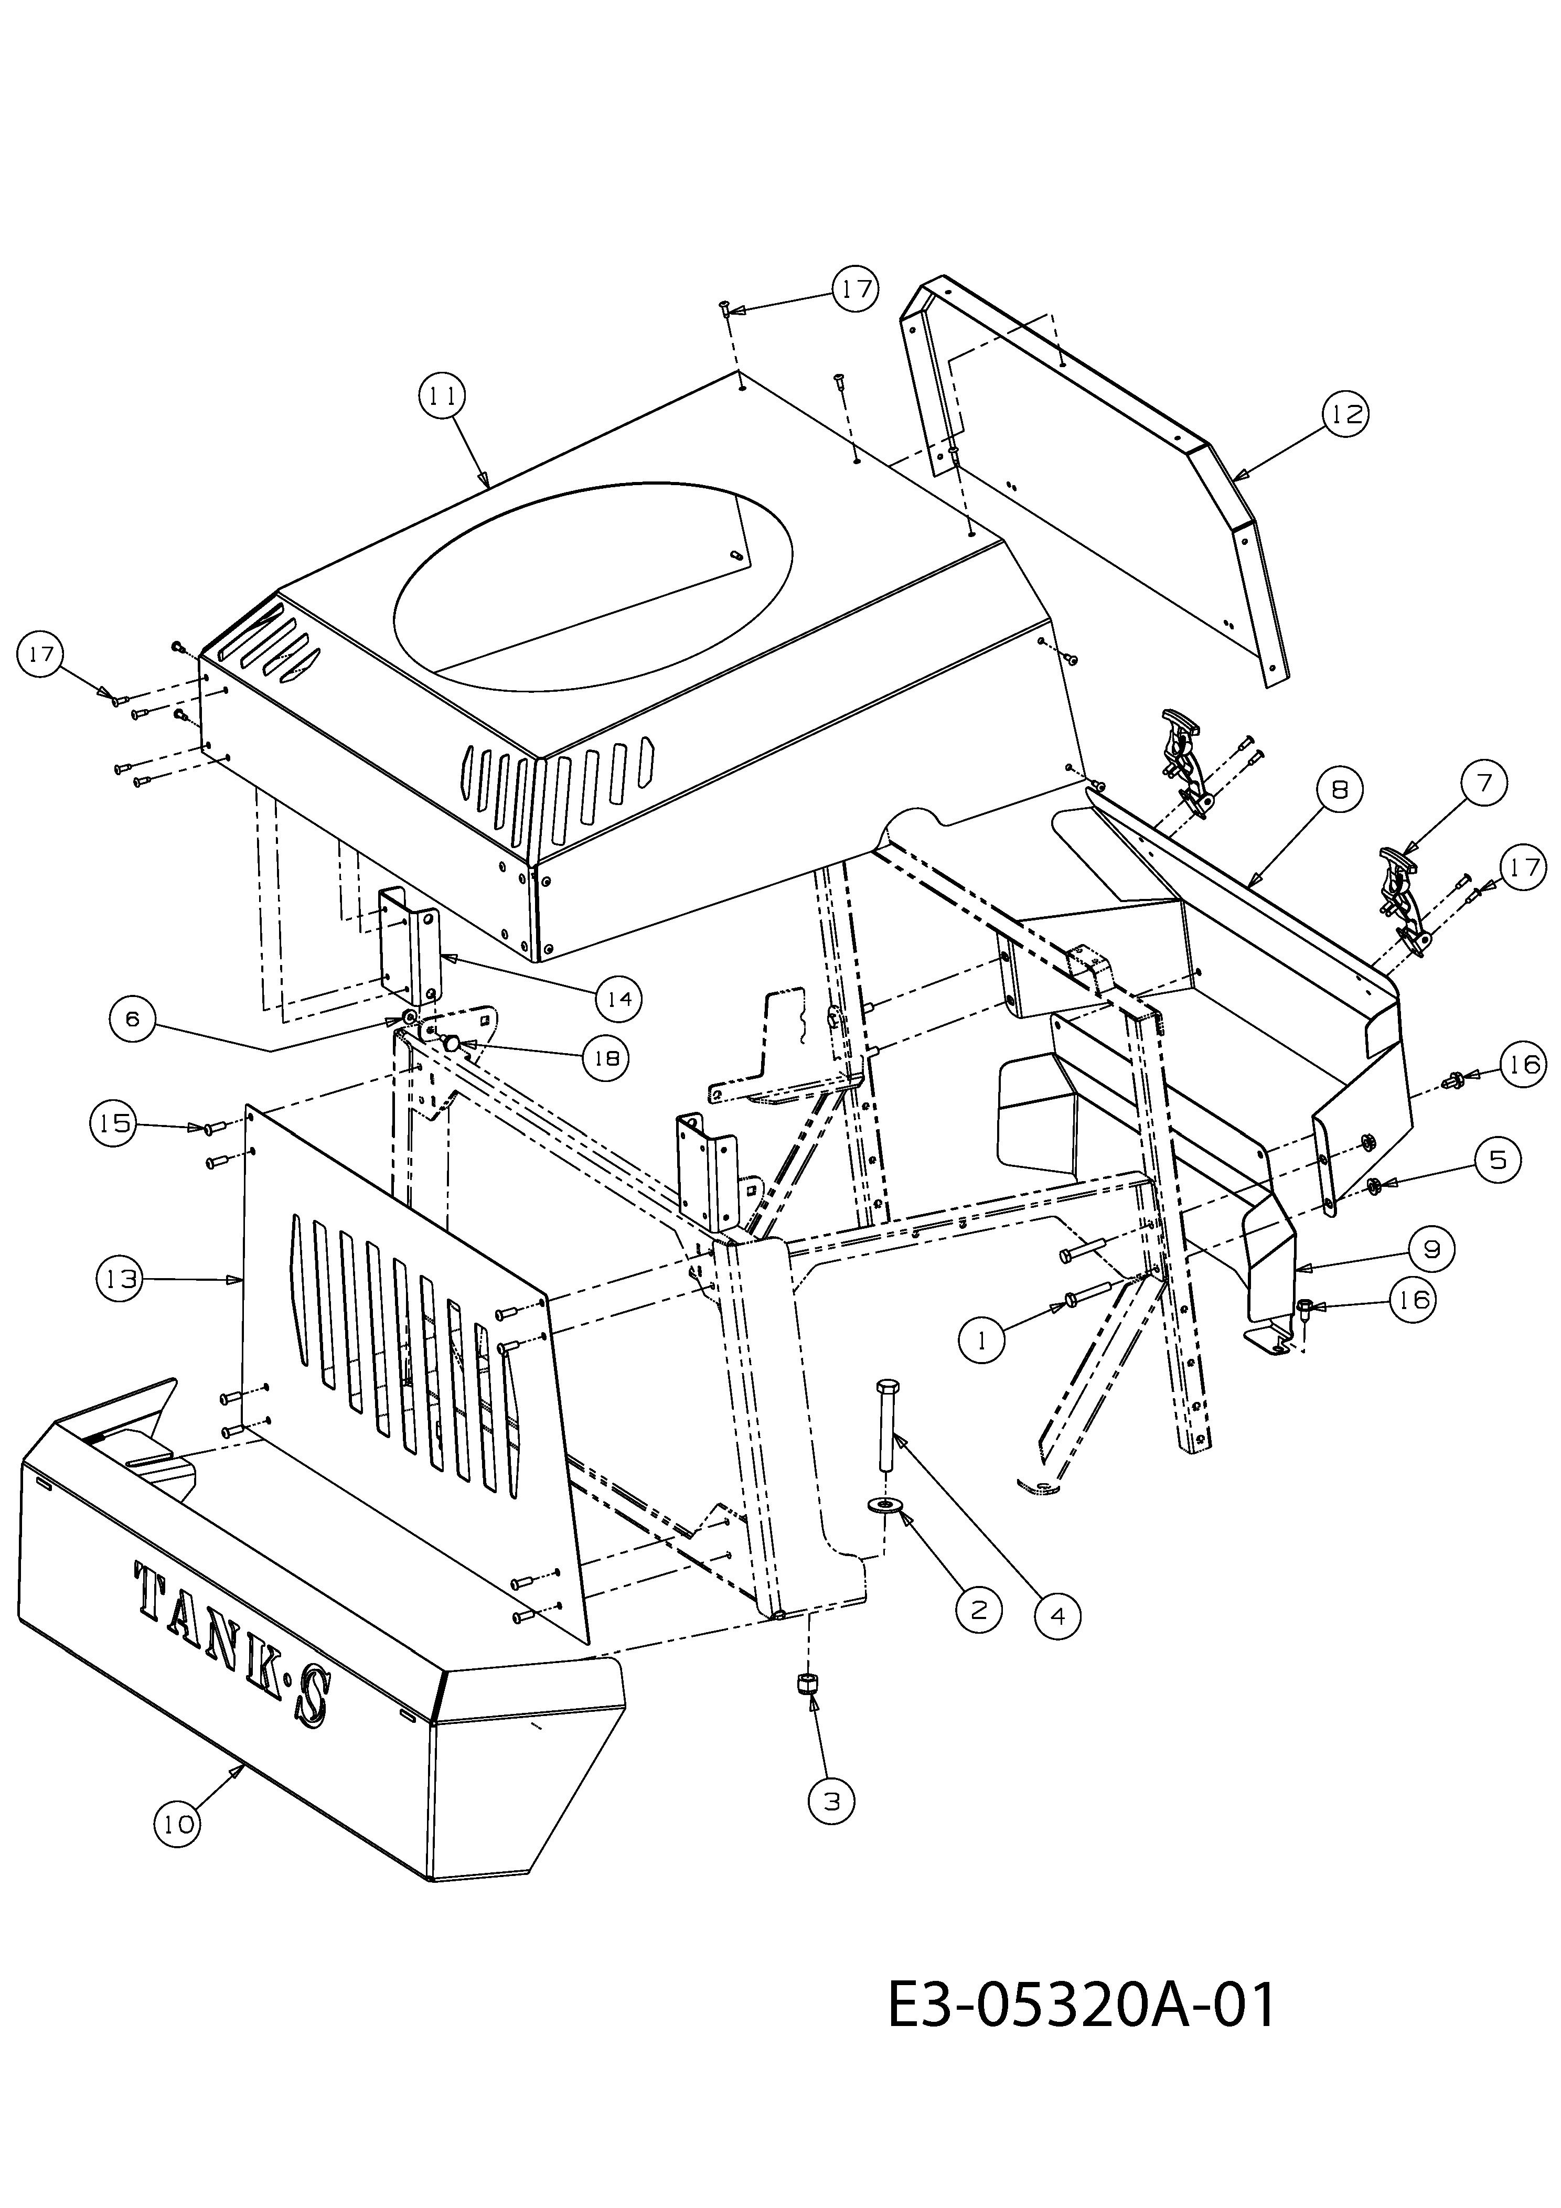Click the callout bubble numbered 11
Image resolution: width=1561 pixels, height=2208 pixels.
pyautogui.click(x=442, y=395)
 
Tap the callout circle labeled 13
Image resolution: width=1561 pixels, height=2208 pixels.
pyautogui.click(x=120, y=1279)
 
